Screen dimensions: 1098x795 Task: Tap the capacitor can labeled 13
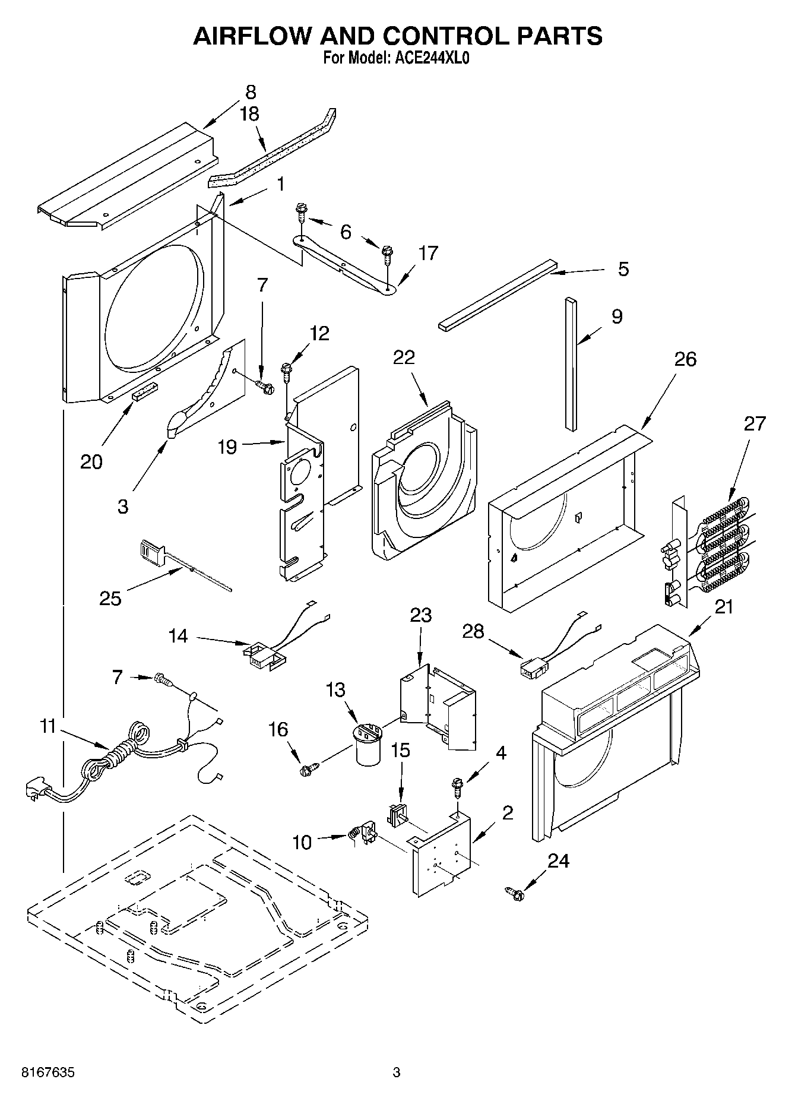click(x=368, y=748)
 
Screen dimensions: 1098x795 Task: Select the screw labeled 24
click(x=515, y=892)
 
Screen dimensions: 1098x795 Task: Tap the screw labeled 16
click(x=308, y=770)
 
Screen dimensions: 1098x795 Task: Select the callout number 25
click(x=110, y=598)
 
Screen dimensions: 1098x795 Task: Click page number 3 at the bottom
click(x=397, y=1073)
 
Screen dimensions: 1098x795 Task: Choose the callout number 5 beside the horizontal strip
click(x=623, y=269)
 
